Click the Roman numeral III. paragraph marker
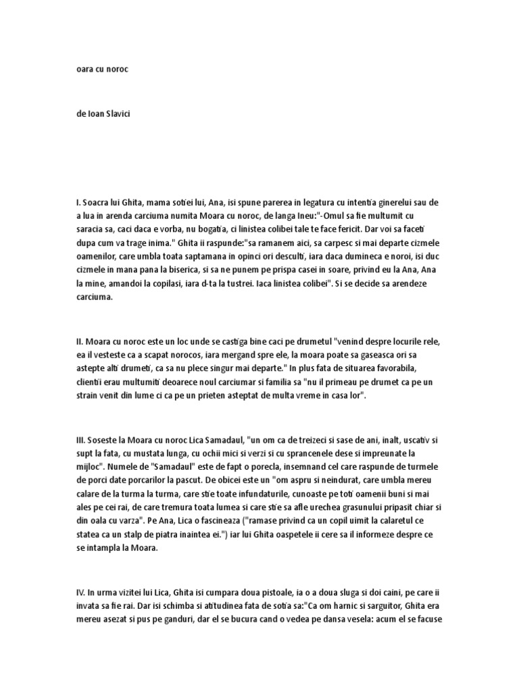point(82,441)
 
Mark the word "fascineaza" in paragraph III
point(225,521)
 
